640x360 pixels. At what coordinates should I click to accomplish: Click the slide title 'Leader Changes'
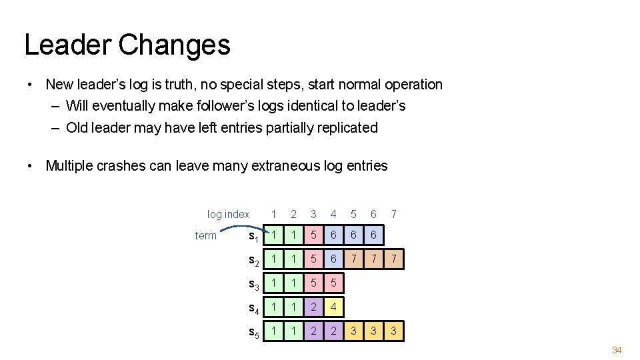point(127,45)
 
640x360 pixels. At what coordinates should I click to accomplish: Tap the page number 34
point(617,350)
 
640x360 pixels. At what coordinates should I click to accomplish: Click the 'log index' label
point(228,214)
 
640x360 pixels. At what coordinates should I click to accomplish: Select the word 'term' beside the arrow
point(205,235)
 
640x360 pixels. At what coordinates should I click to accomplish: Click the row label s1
point(254,236)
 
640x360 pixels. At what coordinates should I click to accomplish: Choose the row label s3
point(254,285)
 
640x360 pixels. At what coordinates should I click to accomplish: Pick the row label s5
point(254,332)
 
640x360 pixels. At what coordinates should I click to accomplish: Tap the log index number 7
point(394,214)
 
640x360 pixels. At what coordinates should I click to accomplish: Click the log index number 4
point(334,214)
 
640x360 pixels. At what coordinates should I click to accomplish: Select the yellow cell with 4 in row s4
point(334,308)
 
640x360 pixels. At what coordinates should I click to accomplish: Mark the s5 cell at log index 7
point(394,331)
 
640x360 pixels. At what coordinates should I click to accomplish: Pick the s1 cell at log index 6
point(374,235)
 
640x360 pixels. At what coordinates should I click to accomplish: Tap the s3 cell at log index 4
point(334,284)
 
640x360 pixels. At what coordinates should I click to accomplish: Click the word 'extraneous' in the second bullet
point(283,166)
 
